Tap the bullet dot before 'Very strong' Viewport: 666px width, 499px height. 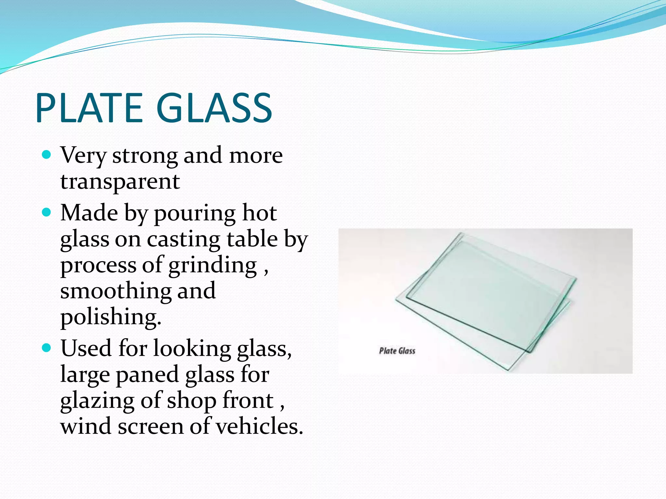click(47, 154)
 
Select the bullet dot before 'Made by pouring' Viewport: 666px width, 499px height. click(47, 212)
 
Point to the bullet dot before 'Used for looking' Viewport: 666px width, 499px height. click(47, 348)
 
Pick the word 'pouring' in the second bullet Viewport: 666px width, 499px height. click(194, 214)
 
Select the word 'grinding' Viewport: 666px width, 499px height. click(213, 266)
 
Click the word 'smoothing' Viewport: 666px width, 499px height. click(115, 290)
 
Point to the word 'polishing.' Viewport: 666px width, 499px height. click(111, 317)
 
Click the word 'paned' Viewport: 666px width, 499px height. click(147, 375)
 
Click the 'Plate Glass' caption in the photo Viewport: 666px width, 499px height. click(397, 351)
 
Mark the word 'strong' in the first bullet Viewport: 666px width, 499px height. click(145, 156)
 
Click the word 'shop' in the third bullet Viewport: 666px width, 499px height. click(192, 401)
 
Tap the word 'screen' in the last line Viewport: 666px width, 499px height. click(151, 427)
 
